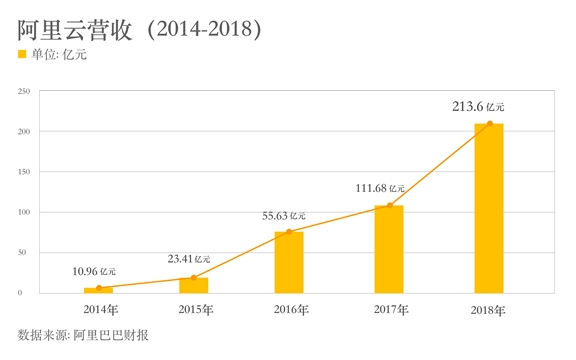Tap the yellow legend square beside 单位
tap(23, 55)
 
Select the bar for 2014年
tap(98, 289)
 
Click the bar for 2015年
tap(193, 284)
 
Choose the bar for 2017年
tap(388, 249)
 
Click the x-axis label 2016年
tap(290, 309)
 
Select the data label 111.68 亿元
tap(380, 188)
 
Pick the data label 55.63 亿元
tap(284, 215)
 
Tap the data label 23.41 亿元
tap(190, 259)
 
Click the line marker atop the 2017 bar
tap(388, 206)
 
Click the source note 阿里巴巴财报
tap(111, 335)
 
